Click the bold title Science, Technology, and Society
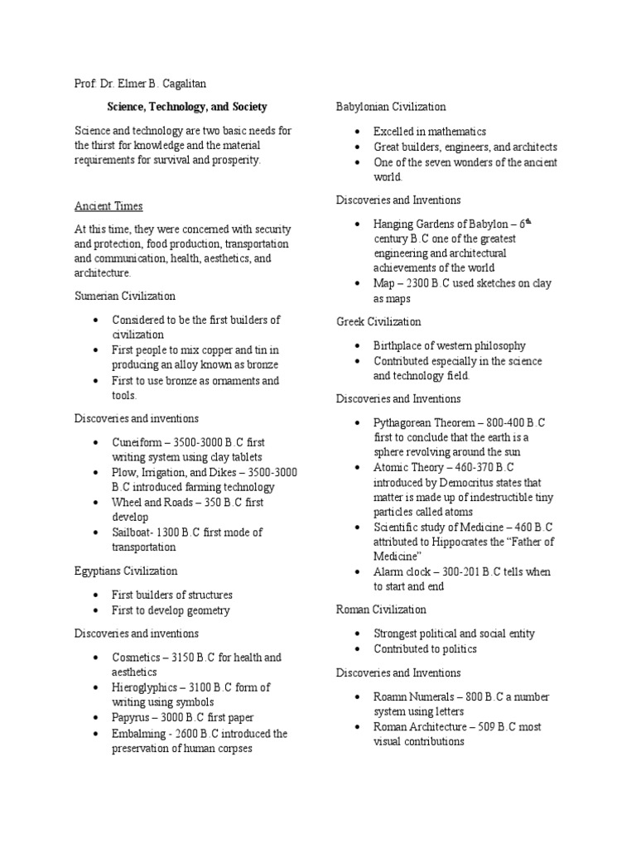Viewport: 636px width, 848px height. click(x=187, y=107)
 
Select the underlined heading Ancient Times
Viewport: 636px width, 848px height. click(x=108, y=205)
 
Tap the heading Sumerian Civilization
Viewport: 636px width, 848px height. click(x=125, y=296)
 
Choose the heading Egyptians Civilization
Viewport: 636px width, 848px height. click(x=126, y=571)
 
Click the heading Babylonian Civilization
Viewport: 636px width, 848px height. click(x=391, y=107)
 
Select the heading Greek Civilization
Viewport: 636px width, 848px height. click(x=378, y=321)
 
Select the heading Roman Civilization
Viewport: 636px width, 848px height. click(x=381, y=609)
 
